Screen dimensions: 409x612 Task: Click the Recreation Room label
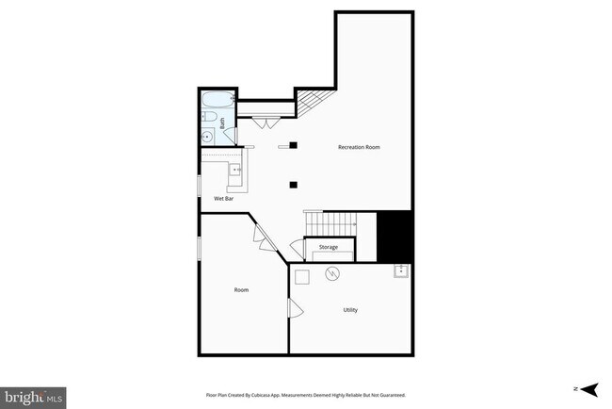(x=359, y=148)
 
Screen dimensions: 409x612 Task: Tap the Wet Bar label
(x=224, y=199)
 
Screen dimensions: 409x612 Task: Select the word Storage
(x=328, y=247)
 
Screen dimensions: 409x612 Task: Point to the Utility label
(x=349, y=310)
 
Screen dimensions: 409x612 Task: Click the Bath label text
(x=223, y=122)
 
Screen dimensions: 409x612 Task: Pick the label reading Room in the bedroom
(x=241, y=289)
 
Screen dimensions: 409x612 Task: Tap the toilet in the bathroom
(x=209, y=119)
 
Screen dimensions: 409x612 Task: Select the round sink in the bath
(x=206, y=137)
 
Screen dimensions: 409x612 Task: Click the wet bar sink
(x=235, y=171)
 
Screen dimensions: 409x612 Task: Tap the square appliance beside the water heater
(x=302, y=276)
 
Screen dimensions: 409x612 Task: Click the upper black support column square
(x=294, y=144)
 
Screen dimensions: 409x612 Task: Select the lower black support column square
(x=294, y=184)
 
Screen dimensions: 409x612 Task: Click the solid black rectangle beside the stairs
(x=395, y=237)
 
